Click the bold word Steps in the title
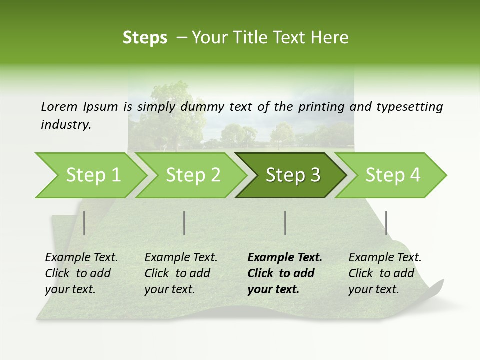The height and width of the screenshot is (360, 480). coord(145,38)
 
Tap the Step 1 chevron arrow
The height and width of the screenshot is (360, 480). coord(93,175)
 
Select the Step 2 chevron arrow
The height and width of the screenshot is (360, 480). coord(193,175)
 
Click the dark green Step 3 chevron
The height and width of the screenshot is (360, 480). coord(292,175)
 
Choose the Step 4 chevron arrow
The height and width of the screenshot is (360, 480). coord(392,175)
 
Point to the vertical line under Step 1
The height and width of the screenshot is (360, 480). coord(84,223)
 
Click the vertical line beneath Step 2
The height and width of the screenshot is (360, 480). coord(184,223)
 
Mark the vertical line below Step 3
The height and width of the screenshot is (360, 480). coord(285,223)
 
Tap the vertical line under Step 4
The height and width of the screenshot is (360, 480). coord(386,223)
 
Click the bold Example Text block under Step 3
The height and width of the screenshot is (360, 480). coord(285,273)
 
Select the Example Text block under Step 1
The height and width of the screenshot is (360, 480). coord(81,273)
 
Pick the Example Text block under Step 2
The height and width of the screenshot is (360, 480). coord(181,273)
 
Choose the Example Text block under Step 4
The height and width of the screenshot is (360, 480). coord(385,273)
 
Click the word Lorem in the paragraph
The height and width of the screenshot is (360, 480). coord(59,107)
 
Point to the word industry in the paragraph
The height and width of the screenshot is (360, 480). coord(66,125)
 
